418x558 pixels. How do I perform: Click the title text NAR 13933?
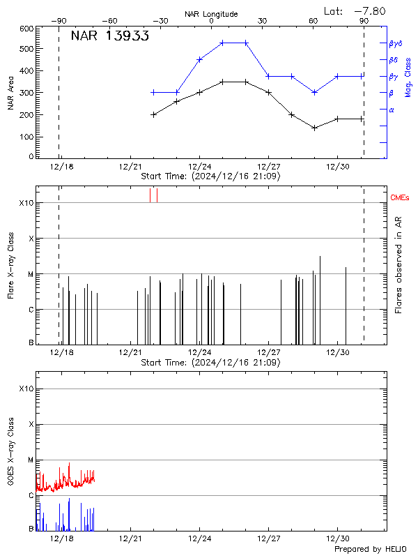pos(109,37)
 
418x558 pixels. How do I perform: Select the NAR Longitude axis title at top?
pos(211,14)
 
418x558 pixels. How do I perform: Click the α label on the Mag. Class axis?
pos(392,110)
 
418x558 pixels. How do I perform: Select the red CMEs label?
pos(401,199)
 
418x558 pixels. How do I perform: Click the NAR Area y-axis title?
pos(11,93)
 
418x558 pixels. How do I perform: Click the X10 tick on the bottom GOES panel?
pos(26,389)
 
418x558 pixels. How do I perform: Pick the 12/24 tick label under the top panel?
pos(199,167)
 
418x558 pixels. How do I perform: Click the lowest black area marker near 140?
pos(315,128)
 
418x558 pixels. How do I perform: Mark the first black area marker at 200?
pos(154,114)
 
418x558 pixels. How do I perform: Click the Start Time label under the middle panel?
pos(210,363)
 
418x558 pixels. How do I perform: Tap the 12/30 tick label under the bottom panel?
pos(338,539)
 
